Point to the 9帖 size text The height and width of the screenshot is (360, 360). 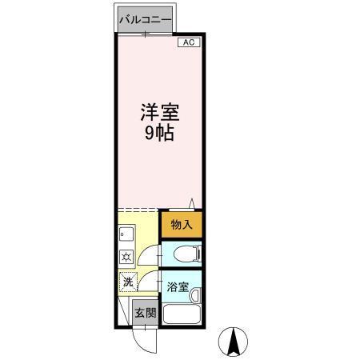click(x=158, y=134)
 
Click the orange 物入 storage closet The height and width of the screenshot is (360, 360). click(x=181, y=226)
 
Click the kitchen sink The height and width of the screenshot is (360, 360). click(x=126, y=235)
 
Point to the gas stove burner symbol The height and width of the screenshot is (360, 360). click(x=126, y=257)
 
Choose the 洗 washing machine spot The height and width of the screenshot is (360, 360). click(x=128, y=282)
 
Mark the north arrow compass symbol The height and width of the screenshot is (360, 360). click(x=234, y=343)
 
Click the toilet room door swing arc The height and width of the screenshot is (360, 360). click(x=148, y=255)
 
